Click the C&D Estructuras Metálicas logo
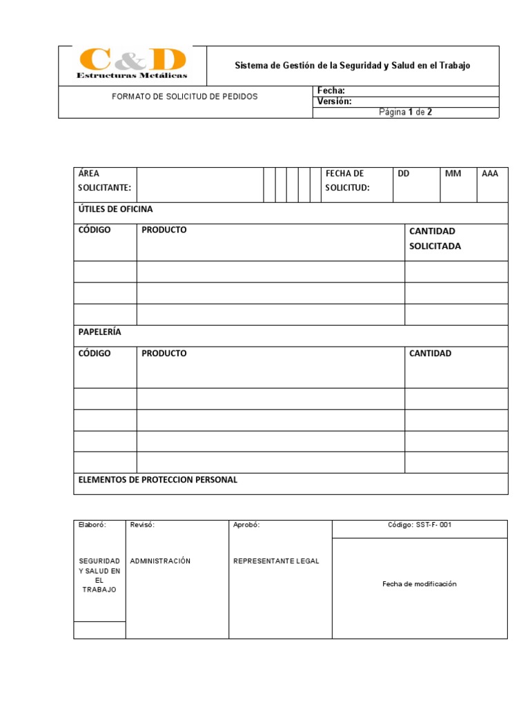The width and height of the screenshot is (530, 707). [132, 64]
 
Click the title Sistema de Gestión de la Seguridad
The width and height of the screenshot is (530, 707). [352, 66]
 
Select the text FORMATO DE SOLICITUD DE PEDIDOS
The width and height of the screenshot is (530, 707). [184, 97]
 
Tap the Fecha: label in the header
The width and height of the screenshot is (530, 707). [331, 90]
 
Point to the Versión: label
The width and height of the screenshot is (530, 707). [334, 101]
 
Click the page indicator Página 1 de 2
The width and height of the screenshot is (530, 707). [406, 113]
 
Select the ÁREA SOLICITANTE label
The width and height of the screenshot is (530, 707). [104, 180]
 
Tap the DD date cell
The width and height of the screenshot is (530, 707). [404, 174]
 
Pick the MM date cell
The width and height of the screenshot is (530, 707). [453, 174]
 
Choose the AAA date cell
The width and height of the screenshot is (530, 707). [490, 174]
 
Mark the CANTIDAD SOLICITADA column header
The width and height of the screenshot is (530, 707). [435, 238]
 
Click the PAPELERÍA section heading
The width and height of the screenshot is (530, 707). [100, 332]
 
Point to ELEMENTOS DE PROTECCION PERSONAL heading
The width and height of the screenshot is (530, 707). [158, 480]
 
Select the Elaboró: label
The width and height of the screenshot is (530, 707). [92, 525]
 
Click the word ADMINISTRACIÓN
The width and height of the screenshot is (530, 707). [160, 561]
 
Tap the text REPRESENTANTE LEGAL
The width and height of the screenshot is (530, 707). [277, 561]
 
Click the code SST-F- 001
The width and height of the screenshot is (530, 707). [420, 525]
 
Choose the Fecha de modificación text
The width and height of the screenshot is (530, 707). [420, 584]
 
